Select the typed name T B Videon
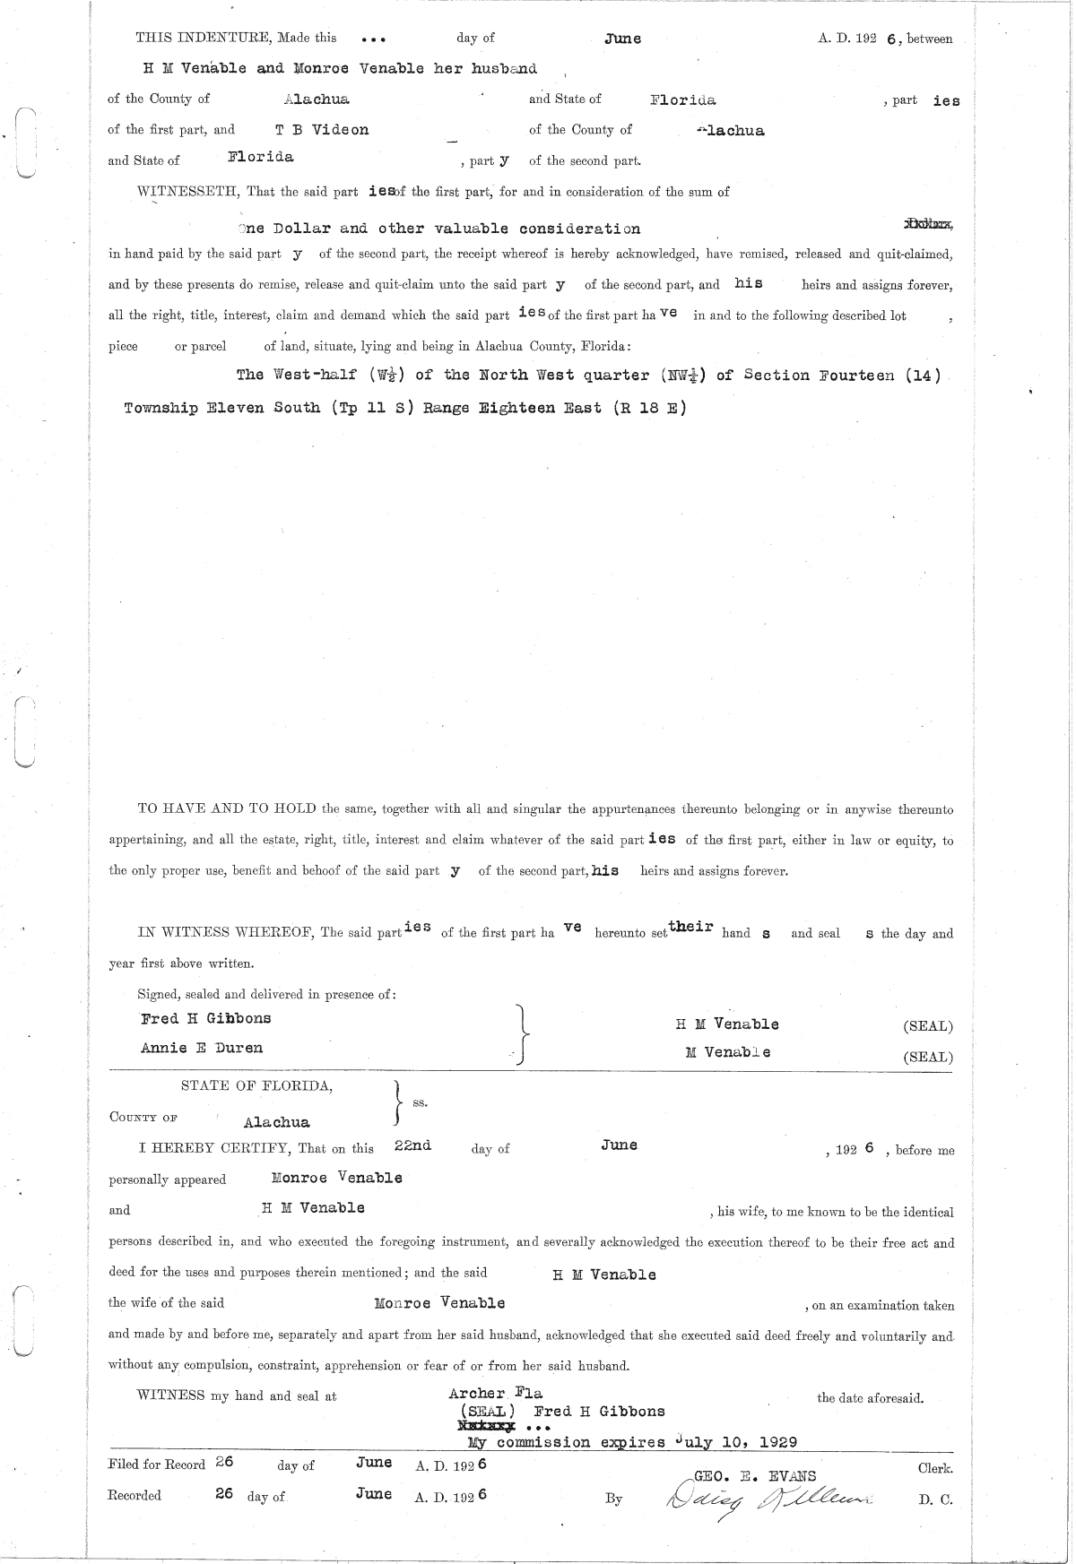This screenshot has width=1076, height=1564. pyautogui.click(x=322, y=130)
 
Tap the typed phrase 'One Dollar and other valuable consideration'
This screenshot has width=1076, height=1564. pyautogui.click(x=439, y=229)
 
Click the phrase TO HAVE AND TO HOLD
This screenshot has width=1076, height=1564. pyautogui.click(x=227, y=809)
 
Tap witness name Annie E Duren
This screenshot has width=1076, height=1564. pyautogui.click(x=202, y=1048)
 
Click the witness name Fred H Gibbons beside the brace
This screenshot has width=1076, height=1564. pyautogui.click(x=206, y=1018)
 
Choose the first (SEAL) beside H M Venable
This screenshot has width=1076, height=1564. pyautogui.click(x=928, y=1026)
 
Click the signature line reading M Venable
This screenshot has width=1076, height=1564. pyautogui.click(x=727, y=1052)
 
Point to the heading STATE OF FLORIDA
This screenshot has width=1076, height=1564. pyautogui.click(x=257, y=1086)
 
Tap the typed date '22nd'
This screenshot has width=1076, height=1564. pyautogui.click(x=412, y=1145)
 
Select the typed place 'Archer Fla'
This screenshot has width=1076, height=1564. pyautogui.click(x=496, y=1394)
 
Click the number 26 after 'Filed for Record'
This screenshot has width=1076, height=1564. pyautogui.click(x=224, y=1462)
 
